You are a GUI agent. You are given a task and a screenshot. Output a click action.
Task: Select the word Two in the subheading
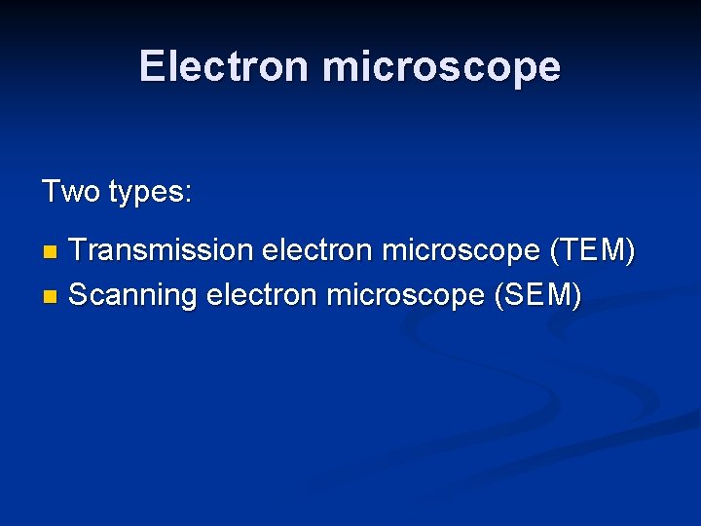pyautogui.click(x=71, y=191)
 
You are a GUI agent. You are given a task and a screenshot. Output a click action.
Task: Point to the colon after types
pyautogui.click(x=189, y=195)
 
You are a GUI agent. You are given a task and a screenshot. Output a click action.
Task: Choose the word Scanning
pyautogui.click(x=133, y=294)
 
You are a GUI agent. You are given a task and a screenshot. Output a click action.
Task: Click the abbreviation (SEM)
pyautogui.click(x=537, y=294)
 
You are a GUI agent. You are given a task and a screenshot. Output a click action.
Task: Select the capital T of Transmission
pyautogui.click(x=79, y=250)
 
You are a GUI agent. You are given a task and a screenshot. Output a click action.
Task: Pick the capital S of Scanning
pyautogui.click(x=79, y=293)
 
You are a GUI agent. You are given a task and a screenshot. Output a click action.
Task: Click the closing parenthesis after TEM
pyautogui.click(x=630, y=251)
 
